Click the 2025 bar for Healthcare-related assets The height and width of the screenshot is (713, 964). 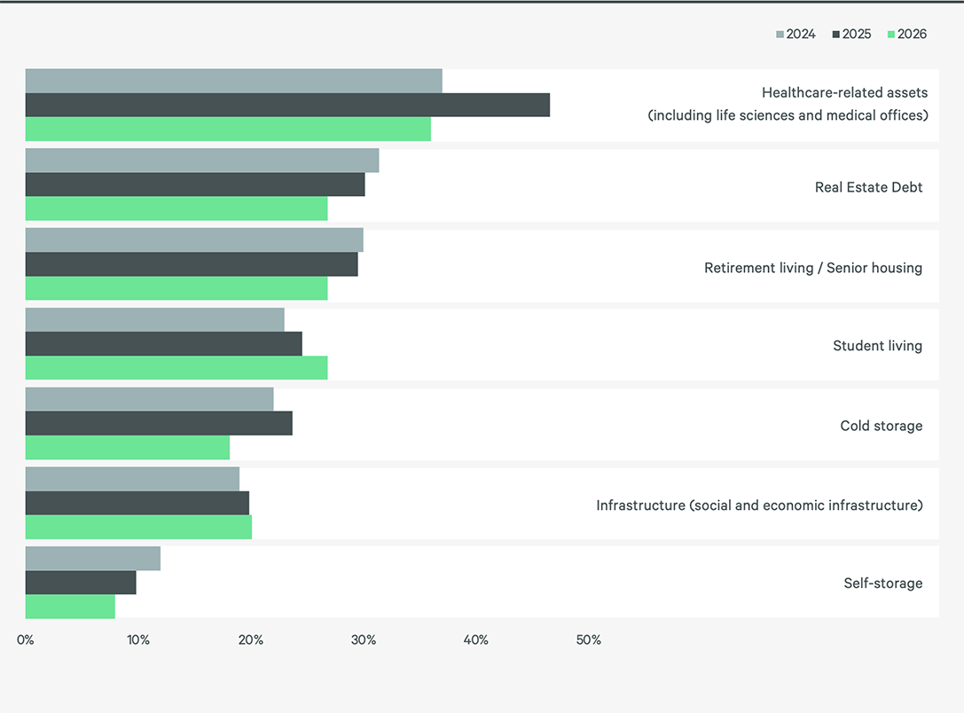pos(287,105)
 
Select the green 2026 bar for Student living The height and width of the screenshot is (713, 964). pos(176,368)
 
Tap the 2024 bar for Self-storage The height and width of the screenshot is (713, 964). pos(93,559)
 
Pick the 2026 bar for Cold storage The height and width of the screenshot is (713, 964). pos(128,448)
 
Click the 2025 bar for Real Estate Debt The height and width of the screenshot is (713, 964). pos(195,184)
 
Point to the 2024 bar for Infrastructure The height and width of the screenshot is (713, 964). pos(132,479)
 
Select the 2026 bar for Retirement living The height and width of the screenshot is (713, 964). pos(176,288)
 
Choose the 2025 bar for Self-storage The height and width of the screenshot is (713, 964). pos(81,583)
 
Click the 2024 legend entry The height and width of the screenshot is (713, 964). pos(795,35)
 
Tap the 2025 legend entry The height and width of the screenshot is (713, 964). pos(851,35)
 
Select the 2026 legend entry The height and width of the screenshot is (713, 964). pos(906,35)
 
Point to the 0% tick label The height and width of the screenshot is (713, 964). pos(26,640)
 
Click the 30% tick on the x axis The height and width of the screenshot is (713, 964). pos(364,640)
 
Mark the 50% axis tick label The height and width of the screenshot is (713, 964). pos(589,640)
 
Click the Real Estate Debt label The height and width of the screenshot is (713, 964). pos(868,187)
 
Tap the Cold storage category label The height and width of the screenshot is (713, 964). pos(881,426)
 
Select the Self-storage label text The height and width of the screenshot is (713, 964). pos(882,584)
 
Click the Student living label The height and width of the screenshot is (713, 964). pos(877,346)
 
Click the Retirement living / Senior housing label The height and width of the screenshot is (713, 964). pos(812,268)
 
